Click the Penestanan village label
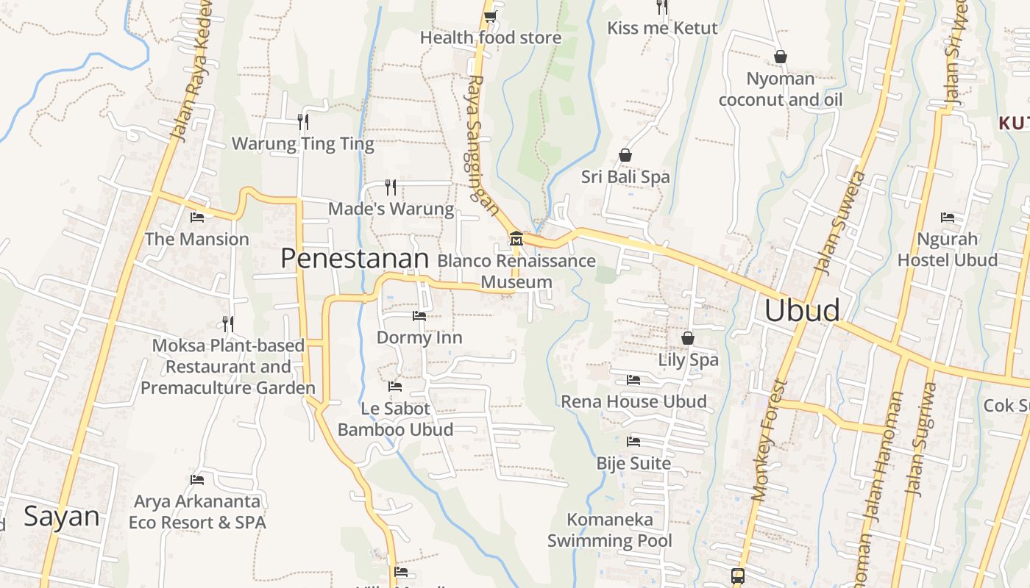[x=355, y=259]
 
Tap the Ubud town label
[x=802, y=310]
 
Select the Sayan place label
[x=61, y=516]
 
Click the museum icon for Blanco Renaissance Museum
[x=516, y=239]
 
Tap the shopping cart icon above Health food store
[x=490, y=16]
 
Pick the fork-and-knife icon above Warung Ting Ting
[x=302, y=121]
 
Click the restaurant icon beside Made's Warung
[x=391, y=187]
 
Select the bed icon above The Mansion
[x=196, y=218]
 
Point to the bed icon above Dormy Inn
[x=419, y=316]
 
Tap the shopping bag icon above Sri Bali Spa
[x=625, y=155]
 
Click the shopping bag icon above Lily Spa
[x=687, y=338]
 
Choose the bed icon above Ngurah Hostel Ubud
[x=947, y=218]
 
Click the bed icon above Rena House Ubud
[x=633, y=380]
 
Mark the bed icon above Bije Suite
[x=633, y=442]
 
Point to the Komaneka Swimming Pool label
[x=610, y=530]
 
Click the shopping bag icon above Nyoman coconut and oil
[x=780, y=57]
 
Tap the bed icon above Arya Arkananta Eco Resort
[x=196, y=480]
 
